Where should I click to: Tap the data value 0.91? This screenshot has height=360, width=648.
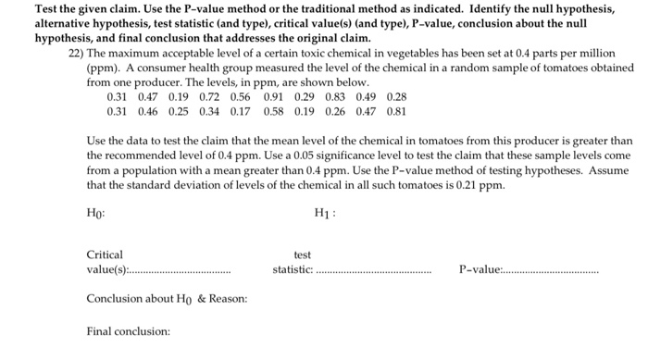click(273, 96)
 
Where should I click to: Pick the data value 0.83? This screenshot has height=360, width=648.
click(336, 96)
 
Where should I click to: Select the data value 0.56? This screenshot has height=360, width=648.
click(240, 96)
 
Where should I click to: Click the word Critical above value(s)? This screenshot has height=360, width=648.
click(105, 254)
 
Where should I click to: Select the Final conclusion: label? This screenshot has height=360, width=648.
click(129, 330)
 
